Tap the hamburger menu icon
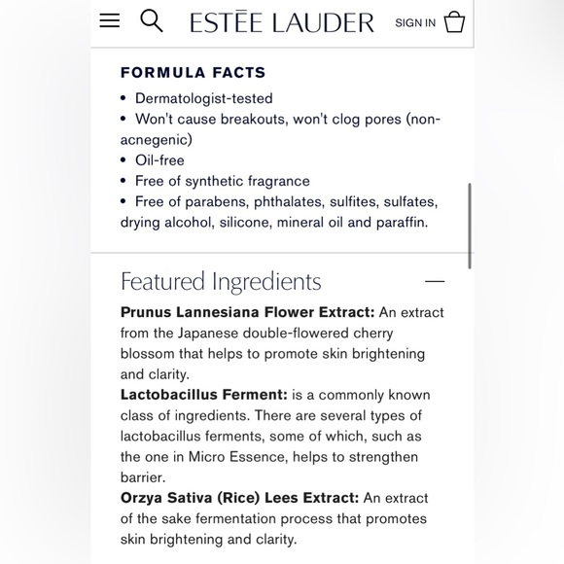pos(110,20)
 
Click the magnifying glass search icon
pos(151,20)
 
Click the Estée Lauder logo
pos(282,22)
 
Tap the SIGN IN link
pos(415,22)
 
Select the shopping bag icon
pos(454,22)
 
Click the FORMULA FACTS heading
pos(193,73)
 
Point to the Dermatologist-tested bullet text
pos(203,98)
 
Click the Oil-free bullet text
pos(159,160)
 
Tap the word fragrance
pos(277,181)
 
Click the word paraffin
pos(399,223)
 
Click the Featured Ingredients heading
pos(221,282)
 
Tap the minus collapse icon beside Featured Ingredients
pos(435,282)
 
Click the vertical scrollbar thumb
pos(471,225)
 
